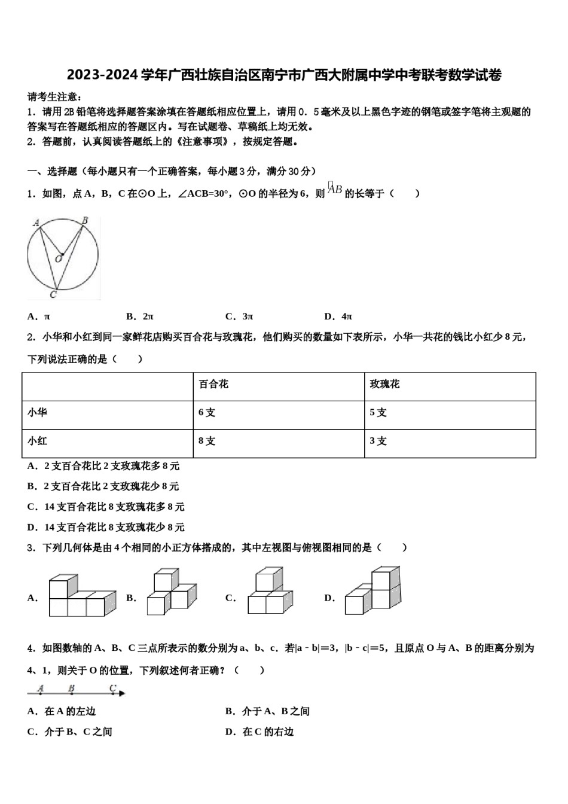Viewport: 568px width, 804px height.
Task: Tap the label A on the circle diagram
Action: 36,223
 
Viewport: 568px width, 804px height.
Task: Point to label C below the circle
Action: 53,294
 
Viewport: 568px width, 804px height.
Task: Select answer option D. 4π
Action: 338,316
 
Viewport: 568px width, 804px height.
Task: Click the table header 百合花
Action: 213,384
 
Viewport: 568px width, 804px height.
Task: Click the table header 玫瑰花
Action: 384,384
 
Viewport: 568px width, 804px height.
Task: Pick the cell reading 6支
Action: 207,413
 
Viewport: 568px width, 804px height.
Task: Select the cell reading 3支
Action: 378,441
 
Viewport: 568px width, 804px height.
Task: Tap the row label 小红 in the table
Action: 37,441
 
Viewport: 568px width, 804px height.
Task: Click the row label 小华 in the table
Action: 37,413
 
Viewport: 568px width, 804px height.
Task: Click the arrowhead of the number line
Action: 123,693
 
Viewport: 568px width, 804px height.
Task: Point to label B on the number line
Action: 71,689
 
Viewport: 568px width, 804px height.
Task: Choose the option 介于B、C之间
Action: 70,732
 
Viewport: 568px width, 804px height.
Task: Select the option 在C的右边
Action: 260,732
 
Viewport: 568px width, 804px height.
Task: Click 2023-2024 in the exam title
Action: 102,75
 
